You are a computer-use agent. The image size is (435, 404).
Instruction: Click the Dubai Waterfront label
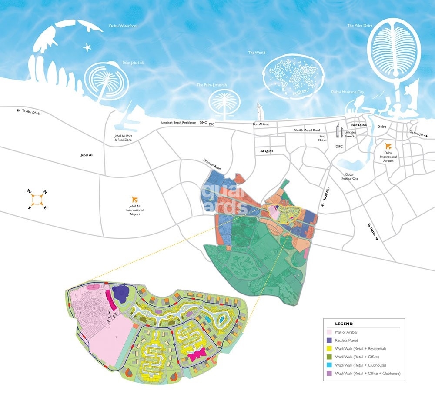[123, 26]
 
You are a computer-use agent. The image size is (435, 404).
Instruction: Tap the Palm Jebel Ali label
[133, 63]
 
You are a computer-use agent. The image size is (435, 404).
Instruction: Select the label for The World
[257, 53]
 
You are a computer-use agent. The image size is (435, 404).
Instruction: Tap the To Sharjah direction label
[418, 134]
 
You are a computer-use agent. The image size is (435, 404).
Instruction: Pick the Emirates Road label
[213, 164]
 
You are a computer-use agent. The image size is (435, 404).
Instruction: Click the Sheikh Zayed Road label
[307, 130]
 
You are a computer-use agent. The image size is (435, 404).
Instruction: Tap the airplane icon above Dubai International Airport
[388, 146]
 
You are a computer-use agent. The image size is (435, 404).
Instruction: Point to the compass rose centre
[37, 199]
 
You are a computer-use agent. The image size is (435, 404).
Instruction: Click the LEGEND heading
[344, 324]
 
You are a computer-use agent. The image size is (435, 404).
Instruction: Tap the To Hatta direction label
[374, 232]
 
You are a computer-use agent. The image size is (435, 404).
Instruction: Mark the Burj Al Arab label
[261, 124]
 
